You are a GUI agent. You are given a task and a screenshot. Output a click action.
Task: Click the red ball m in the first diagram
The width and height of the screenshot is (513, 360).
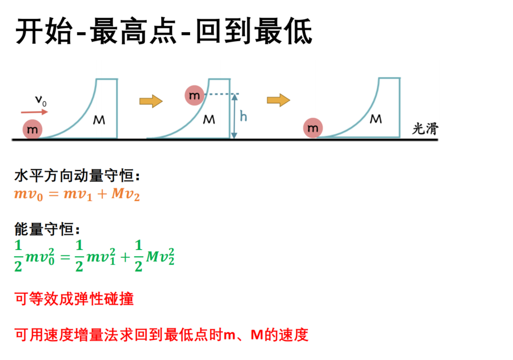tap(32, 129)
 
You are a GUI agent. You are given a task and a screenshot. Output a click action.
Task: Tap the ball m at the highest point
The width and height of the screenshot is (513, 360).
tap(195, 95)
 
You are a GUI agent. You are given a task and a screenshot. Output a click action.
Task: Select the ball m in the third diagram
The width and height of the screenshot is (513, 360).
tap(313, 128)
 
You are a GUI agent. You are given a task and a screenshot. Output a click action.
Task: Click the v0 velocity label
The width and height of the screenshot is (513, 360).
tap(41, 101)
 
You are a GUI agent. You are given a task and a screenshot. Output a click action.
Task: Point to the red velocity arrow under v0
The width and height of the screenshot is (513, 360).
tap(34, 112)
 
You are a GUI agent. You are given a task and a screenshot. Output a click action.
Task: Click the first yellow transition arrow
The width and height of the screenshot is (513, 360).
tap(151, 101)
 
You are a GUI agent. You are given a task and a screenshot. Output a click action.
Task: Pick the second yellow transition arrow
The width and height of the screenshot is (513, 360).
tap(278, 100)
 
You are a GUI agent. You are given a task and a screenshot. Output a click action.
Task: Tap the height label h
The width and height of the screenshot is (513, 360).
tap(243, 116)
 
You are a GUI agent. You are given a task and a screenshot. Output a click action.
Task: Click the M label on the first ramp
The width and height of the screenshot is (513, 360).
tap(99, 121)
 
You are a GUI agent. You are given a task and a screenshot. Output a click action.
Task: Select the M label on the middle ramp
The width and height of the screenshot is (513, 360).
tap(209, 119)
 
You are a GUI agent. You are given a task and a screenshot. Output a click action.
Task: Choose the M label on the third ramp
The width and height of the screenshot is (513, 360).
tap(376, 119)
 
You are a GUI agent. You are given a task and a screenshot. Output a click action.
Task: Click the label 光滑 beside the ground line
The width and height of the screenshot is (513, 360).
tap(425, 129)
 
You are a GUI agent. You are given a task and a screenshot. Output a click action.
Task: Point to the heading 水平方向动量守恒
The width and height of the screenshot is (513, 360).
tap(77, 176)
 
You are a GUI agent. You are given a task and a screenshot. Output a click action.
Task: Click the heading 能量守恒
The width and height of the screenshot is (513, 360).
tap(47, 229)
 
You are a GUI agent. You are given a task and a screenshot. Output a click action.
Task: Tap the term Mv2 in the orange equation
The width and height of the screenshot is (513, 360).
tap(126, 194)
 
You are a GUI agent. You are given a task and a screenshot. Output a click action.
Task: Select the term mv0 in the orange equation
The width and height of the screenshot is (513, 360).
tap(28, 194)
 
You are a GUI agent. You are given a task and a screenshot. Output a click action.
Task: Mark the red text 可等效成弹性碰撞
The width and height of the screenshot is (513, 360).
tap(74, 299)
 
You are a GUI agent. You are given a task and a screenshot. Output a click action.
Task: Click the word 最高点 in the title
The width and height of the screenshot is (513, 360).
tap(133, 32)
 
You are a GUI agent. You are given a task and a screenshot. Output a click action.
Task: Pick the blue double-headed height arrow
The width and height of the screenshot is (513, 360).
tap(234, 116)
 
